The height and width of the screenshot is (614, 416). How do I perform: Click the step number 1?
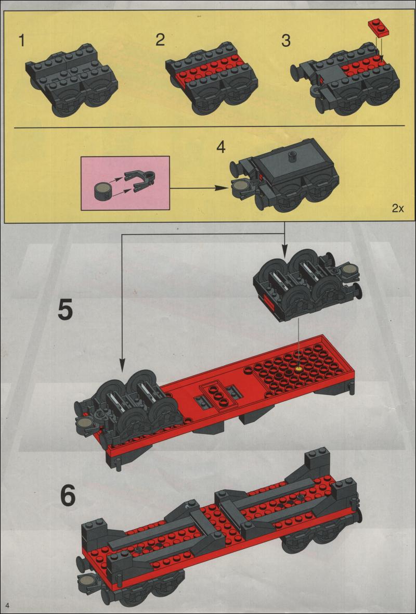(22, 41)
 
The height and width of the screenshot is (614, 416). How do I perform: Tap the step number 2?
(160, 40)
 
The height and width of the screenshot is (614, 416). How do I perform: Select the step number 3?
(286, 41)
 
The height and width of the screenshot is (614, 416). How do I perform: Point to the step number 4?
(220, 147)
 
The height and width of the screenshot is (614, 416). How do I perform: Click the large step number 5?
(65, 310)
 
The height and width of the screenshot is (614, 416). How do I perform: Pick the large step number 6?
(68, 496)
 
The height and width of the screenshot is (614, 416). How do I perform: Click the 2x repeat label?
(398, 208)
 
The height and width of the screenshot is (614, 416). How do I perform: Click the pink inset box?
(125, 183)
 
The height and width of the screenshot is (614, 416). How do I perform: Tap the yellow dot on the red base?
(300, 369)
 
